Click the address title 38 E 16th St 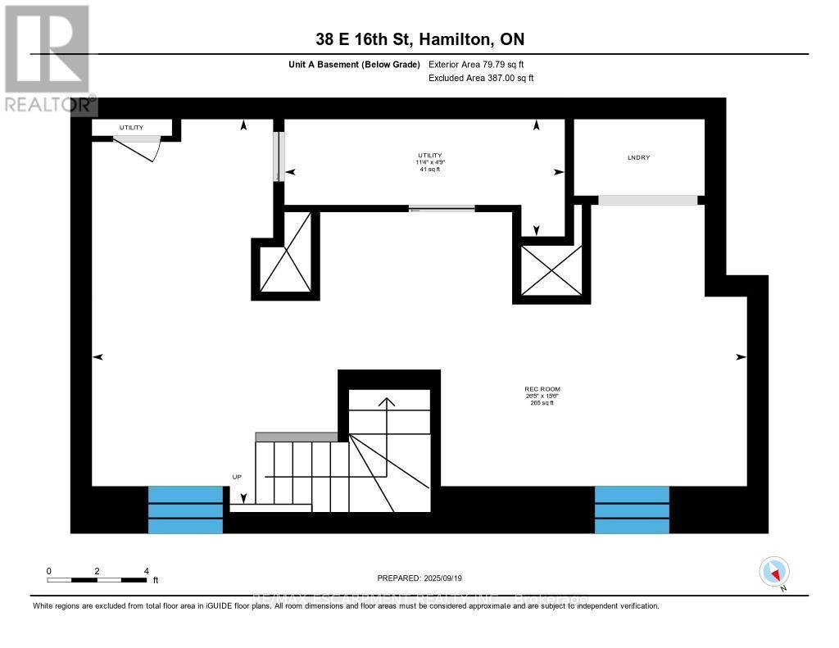[419, 39]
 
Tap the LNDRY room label [638, 157]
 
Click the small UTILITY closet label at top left [131, 128]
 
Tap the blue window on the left [185, 510]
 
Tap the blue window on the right [632, 510]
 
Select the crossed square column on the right [551, 270]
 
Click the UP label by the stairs [237, 476]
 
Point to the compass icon [774, 572]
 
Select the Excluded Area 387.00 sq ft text [481, 79]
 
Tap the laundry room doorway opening [647, 200]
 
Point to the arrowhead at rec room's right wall [741, 357]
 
